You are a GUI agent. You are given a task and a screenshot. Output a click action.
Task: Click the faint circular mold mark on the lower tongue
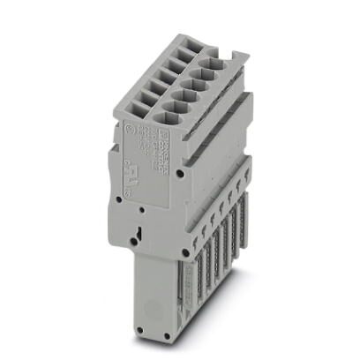(x=147, y=312)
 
